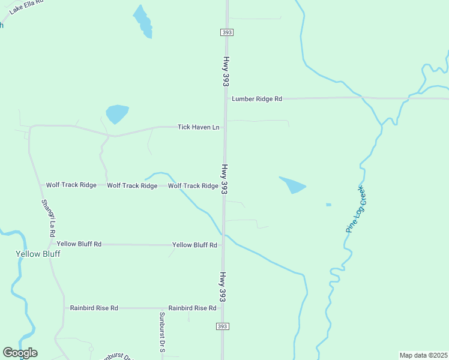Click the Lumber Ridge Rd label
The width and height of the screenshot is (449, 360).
tap(257, 98)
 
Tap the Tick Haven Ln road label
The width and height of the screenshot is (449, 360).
tap(198, 127)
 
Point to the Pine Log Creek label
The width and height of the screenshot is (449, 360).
tap(355, 210)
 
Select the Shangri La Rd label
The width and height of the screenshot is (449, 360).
tap(48, 217)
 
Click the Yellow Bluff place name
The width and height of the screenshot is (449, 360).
tap(38, 254)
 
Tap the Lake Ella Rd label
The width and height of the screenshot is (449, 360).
tap(26, 7)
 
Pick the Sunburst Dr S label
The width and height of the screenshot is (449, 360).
tap(162, 331)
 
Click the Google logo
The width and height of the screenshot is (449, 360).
tap(20, 353)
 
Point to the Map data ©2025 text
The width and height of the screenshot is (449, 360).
tap(423, 355)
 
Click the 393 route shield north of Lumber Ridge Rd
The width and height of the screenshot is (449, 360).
tap(226, 32)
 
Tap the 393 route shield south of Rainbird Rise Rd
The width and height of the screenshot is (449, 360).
tap(222, 326)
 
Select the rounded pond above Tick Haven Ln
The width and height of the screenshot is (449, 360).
tap(116, 113)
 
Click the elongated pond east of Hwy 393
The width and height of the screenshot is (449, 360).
tap(293, 185)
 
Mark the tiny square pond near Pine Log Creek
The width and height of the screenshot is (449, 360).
tap(328, 205)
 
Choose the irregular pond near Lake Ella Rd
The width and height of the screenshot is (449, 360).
tap(143, 22)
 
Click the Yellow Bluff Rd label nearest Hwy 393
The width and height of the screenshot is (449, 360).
tap(194, 245)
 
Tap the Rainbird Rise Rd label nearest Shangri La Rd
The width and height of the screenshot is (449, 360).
tap(94, 308)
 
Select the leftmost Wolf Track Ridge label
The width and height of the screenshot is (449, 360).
tap(71, 185)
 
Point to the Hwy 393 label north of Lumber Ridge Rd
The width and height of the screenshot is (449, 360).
tap(227, 71)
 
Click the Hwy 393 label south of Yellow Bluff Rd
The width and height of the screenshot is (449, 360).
tap(223, 287)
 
